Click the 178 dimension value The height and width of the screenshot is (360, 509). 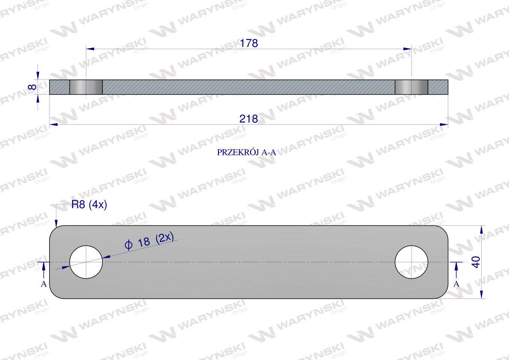pyautogui.click(x=249, y=43)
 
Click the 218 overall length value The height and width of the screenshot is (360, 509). pyautogui.click(x=249, y=119)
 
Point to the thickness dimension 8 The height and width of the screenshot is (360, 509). pyautogui.click(x=33, y=87)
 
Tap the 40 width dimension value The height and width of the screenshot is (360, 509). pyautogui.click(x=476, y=262)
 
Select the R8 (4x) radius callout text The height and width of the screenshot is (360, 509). pyautogui.click(x=89, y=205)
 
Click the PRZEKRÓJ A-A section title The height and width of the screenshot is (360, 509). pyautogui.click(x=246, y=152)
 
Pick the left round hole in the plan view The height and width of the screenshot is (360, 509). pyautogui.click(x=86, y=262)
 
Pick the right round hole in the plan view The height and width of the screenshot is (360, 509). pyautogui.click(x=411, y=262)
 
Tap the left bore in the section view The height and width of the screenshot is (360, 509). pyautogui.click(x=86, y=87)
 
